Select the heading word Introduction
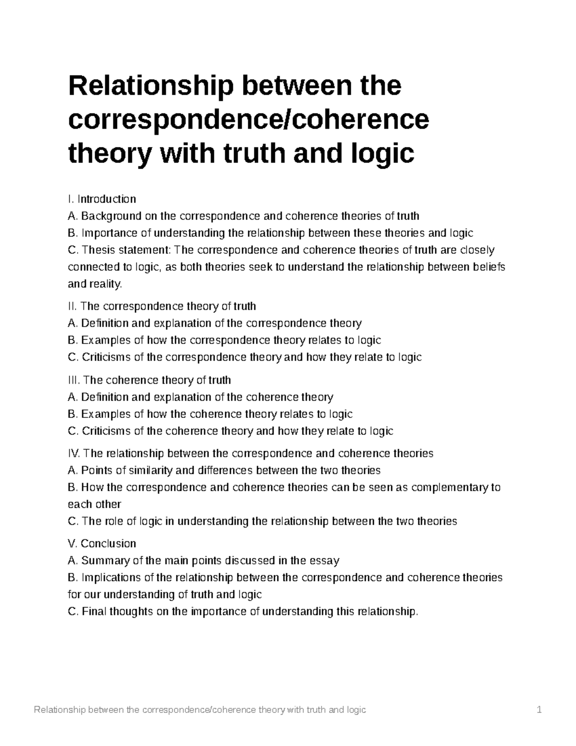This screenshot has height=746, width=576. (107, 199)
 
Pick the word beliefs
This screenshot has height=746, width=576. (489, 267)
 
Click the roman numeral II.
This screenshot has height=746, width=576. (72, 306)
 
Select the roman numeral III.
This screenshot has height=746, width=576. (74, 380)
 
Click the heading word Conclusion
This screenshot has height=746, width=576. (108, 543)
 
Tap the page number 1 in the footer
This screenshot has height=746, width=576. (540, 709)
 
